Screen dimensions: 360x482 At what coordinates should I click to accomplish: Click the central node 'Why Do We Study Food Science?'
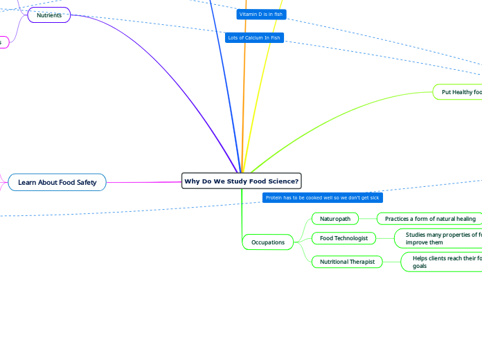[241, 181]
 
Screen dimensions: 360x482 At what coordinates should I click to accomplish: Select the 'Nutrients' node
[49, 15]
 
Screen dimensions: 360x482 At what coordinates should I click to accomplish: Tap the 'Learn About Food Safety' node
[57, 182]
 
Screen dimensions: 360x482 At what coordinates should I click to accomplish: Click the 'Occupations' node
[268, 242]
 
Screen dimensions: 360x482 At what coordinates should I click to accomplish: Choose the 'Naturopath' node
[335, 219]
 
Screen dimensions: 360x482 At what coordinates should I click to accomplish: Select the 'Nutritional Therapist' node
[347, 262]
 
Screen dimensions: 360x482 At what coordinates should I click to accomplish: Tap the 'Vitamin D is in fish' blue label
[260, 14]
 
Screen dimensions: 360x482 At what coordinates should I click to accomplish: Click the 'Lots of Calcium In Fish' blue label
[254, 37]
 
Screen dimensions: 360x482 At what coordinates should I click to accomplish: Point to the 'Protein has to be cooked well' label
[322, 198]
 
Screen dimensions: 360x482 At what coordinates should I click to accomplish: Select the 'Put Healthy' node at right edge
[458, 92]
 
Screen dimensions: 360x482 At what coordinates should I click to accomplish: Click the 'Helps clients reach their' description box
[443, 262]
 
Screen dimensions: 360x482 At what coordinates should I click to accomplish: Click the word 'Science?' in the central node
[283, 181]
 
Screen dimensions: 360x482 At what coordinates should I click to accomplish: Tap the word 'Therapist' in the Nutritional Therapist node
[361, 262]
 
